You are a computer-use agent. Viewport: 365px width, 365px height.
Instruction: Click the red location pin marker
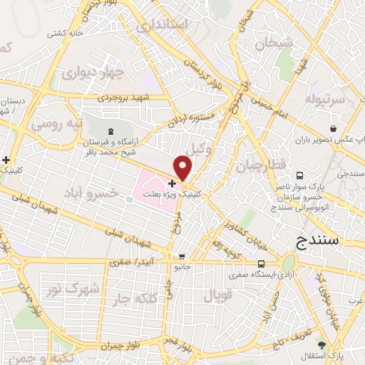183,169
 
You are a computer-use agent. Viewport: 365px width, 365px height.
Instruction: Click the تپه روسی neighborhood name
57,123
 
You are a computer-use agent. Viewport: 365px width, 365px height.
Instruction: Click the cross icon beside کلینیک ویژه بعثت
171,183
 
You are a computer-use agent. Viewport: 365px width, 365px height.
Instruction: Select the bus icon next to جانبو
183,257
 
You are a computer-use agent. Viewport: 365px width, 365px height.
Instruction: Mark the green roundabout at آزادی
291,261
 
